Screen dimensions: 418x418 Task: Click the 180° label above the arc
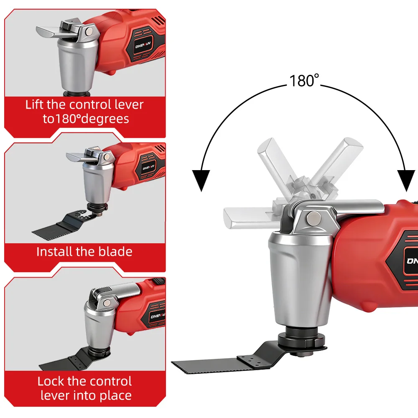click(304, 81)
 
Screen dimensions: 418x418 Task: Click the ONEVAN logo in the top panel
click(143, 45)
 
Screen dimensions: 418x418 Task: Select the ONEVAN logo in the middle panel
click(148, 168)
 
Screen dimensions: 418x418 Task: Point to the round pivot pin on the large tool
click(313, 218)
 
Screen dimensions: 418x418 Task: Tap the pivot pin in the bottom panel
click(107, 303)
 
